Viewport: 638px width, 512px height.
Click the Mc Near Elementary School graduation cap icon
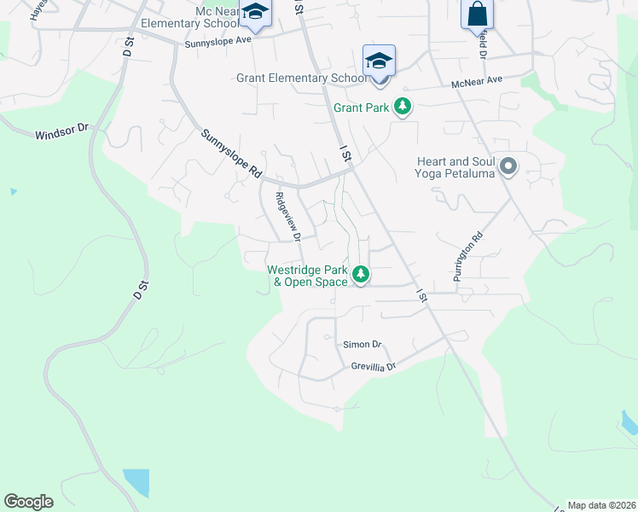pos(254,12)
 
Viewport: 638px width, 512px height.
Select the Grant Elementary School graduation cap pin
pos(379,61)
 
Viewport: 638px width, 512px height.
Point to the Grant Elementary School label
pos(302,79)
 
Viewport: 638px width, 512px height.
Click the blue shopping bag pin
pos(477,14)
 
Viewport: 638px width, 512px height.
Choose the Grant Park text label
pos(361,108)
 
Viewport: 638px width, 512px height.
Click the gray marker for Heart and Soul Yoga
pos(508,166)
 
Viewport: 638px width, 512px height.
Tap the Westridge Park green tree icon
pos(361,275)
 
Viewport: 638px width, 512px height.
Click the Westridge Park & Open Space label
pos(307,275)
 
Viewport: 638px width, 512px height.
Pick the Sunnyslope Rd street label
pos(231,153)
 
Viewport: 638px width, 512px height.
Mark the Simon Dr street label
pos(362,345)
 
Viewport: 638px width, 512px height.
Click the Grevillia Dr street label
pos(374,367)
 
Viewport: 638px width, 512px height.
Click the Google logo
pos(29,501)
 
